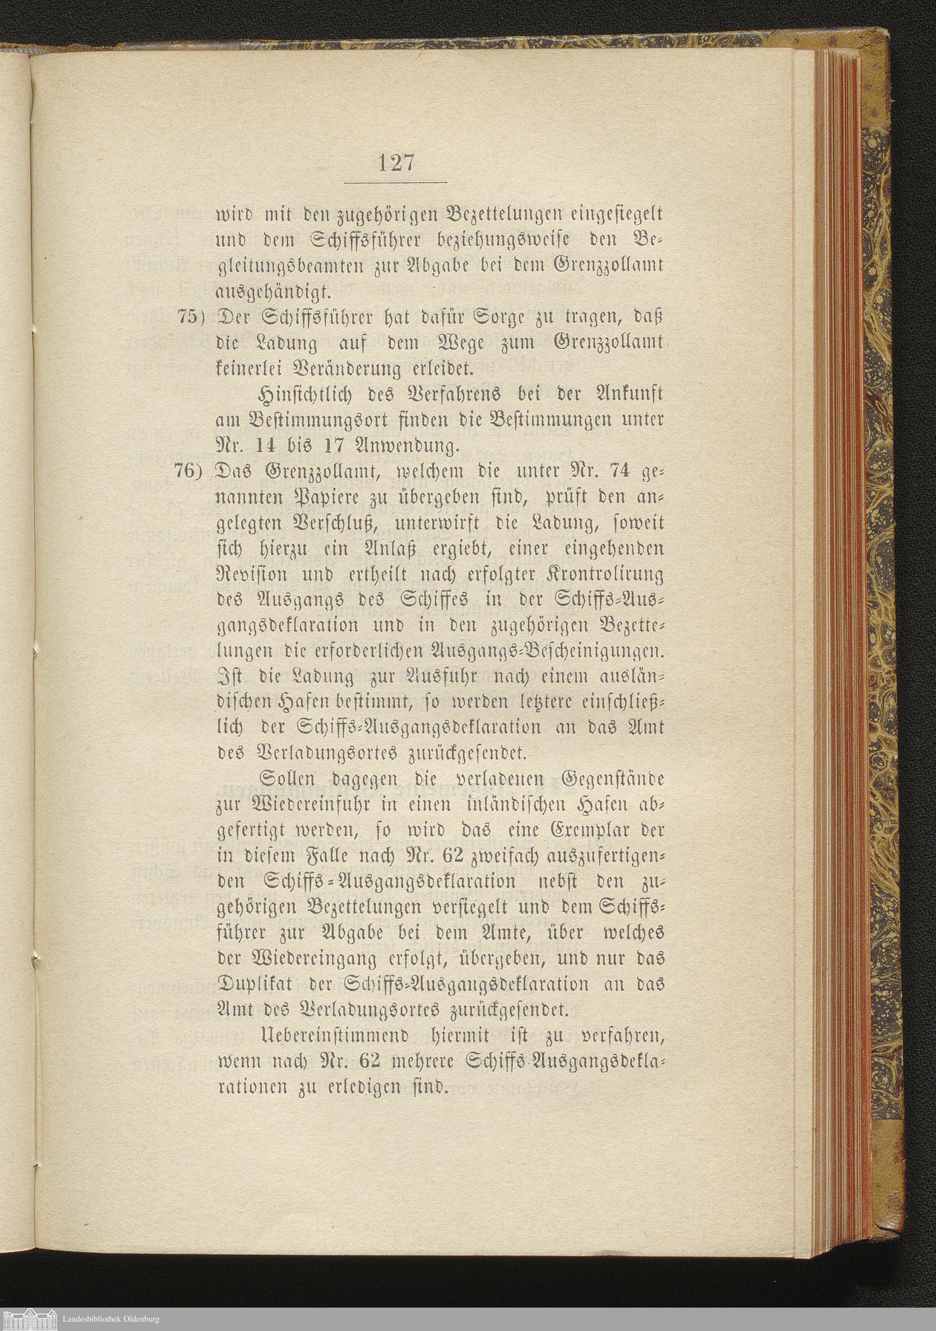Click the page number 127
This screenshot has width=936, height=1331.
(396, 163)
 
